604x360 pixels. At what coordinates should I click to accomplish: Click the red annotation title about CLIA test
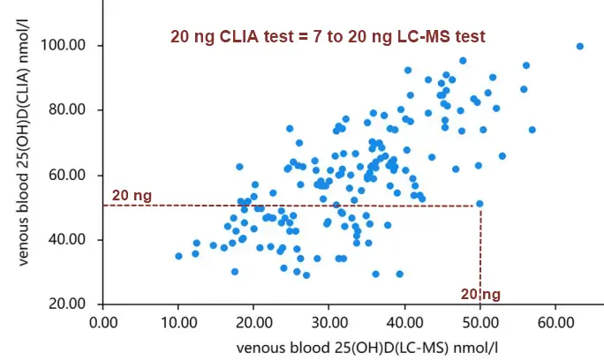coord(327,36)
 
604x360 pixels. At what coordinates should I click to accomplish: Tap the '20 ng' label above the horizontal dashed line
coord(132,195)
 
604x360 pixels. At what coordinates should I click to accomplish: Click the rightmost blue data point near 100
coord(579,46)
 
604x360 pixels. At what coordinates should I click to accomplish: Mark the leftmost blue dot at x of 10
coord(178,256)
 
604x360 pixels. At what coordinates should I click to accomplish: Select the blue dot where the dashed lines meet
coord(479,204)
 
